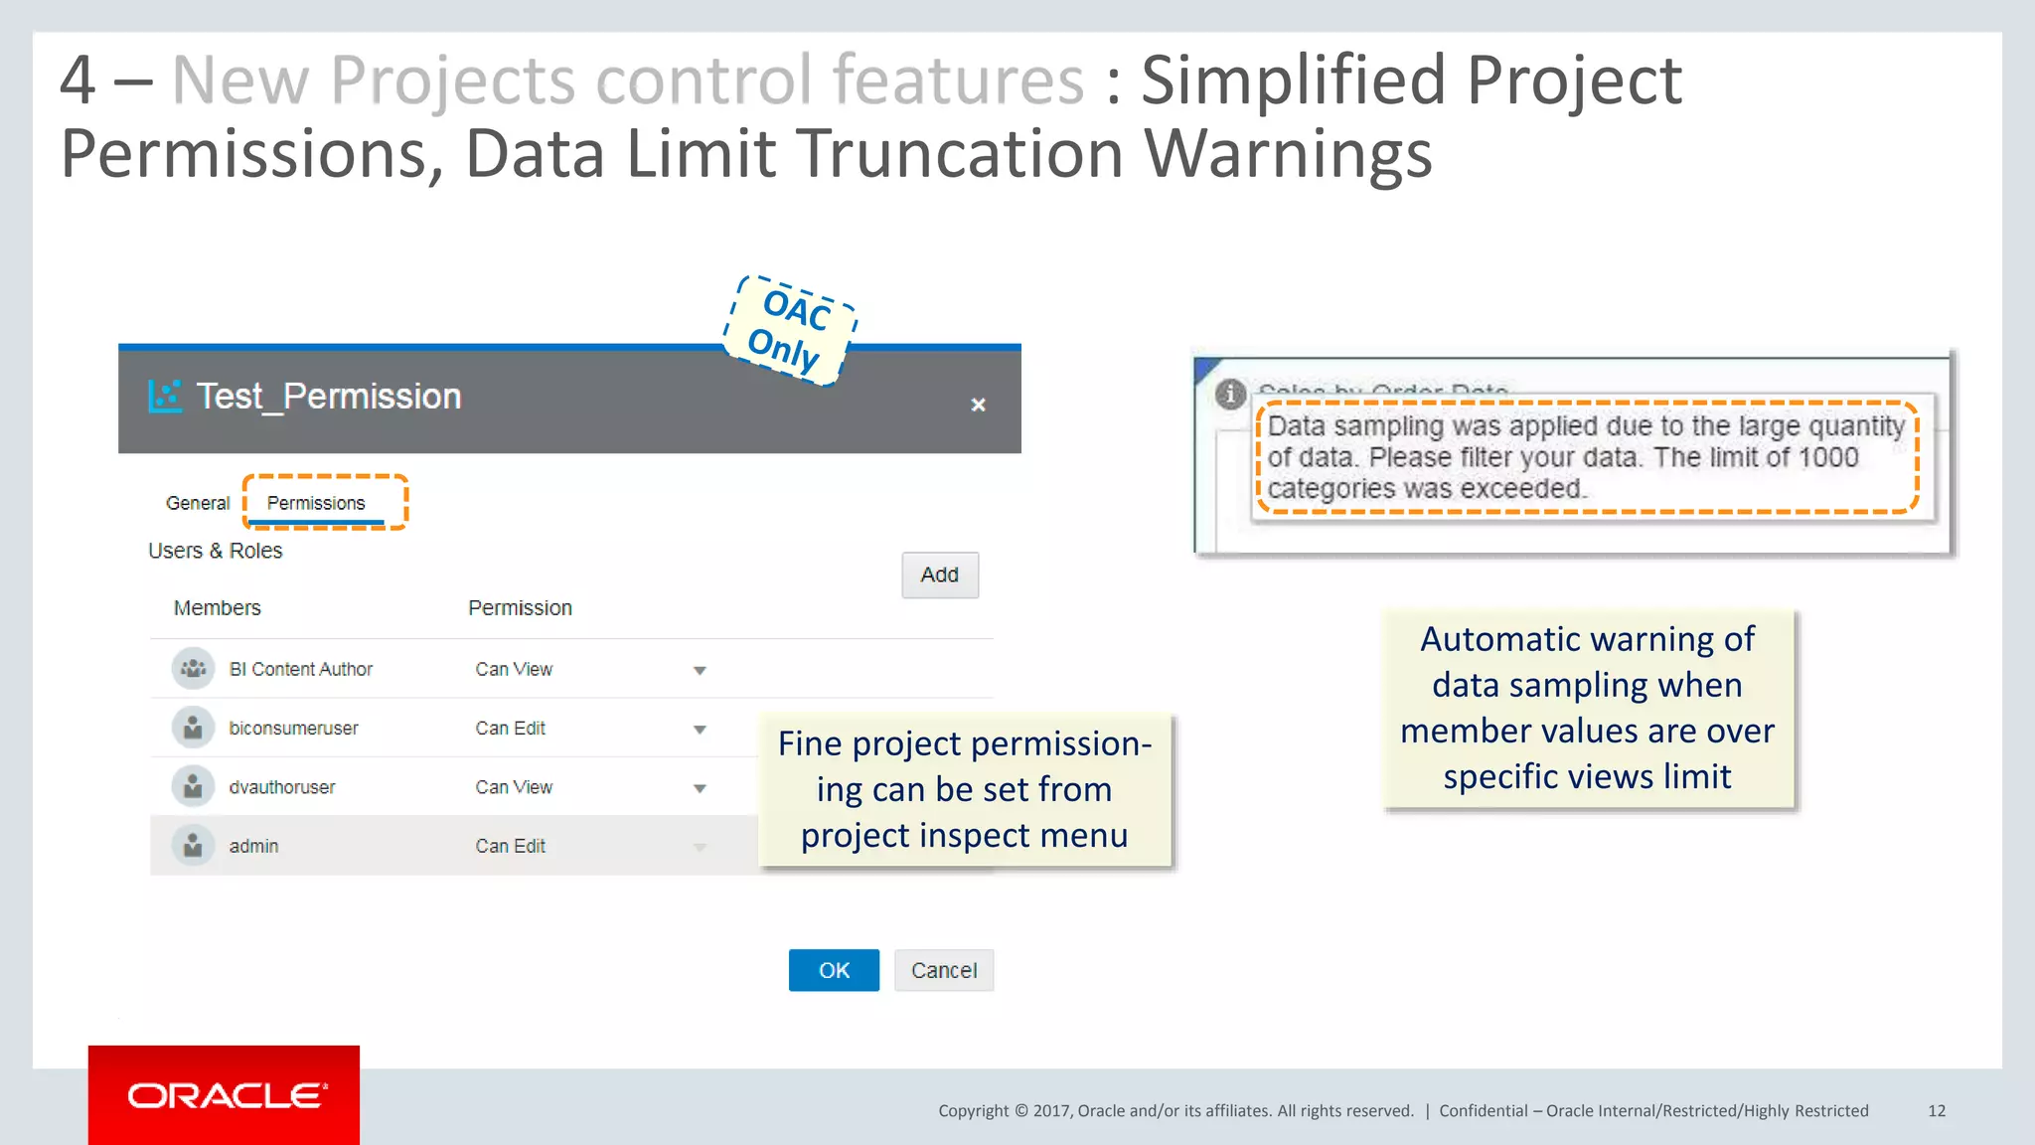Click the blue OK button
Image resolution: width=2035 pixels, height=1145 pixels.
coord(833,970)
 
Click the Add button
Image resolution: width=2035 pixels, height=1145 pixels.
coord(939,574)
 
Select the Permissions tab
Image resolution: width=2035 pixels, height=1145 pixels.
coord(316,503)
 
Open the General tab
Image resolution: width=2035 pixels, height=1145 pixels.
coord(197,503)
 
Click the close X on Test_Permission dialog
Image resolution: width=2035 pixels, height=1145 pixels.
coord(978,405)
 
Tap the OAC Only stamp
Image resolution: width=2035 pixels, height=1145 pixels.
coord(790,330)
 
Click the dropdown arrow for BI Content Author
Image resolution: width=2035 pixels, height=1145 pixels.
coord(700,671)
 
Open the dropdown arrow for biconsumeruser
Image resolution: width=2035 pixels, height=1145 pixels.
coord(700,730)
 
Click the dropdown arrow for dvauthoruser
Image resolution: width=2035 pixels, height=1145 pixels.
coord(700,788)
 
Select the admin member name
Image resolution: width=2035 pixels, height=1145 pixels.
coord(253,846)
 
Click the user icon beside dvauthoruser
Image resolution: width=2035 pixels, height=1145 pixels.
coord(193,787)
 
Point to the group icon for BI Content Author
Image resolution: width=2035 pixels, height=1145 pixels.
coord(193,669)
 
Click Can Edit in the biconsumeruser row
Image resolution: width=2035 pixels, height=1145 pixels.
coord(510,729)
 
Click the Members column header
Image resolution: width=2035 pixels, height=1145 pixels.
coord(217,608)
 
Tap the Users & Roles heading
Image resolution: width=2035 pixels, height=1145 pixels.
coord(215,551)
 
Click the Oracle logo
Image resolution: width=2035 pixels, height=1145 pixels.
coord(225,1095)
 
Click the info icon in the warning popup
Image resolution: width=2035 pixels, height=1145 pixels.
coord(1230,394)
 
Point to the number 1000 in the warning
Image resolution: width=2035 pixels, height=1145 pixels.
coord(1828,457)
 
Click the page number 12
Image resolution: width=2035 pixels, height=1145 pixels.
coord(1937,1111)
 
